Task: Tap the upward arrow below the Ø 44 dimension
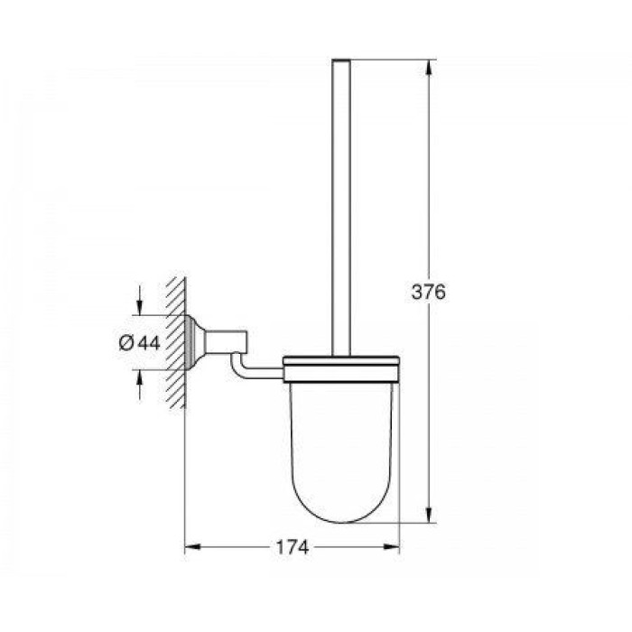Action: tap(140, 384)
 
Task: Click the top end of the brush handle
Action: tap(341, 62)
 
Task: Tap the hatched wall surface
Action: tap(177, 343)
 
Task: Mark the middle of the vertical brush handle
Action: tap(341, 208)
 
